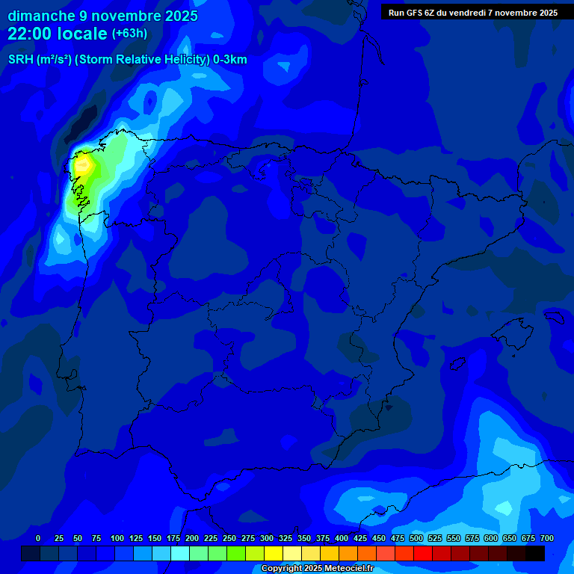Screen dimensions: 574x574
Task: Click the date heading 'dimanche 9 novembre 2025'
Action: (x=102, y=16)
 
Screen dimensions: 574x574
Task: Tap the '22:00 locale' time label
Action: (x=58, y=34)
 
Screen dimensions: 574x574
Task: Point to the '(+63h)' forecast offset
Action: (x=129, y=34)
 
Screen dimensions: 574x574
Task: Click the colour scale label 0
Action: (x=38, y=538)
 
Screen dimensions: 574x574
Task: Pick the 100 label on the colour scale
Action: (x=117, y=538)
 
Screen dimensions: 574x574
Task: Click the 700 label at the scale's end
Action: (x=547, y=538)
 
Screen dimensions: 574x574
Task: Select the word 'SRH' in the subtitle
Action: (x=20, y=60)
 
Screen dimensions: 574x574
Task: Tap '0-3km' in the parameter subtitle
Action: (x=230, y=60)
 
